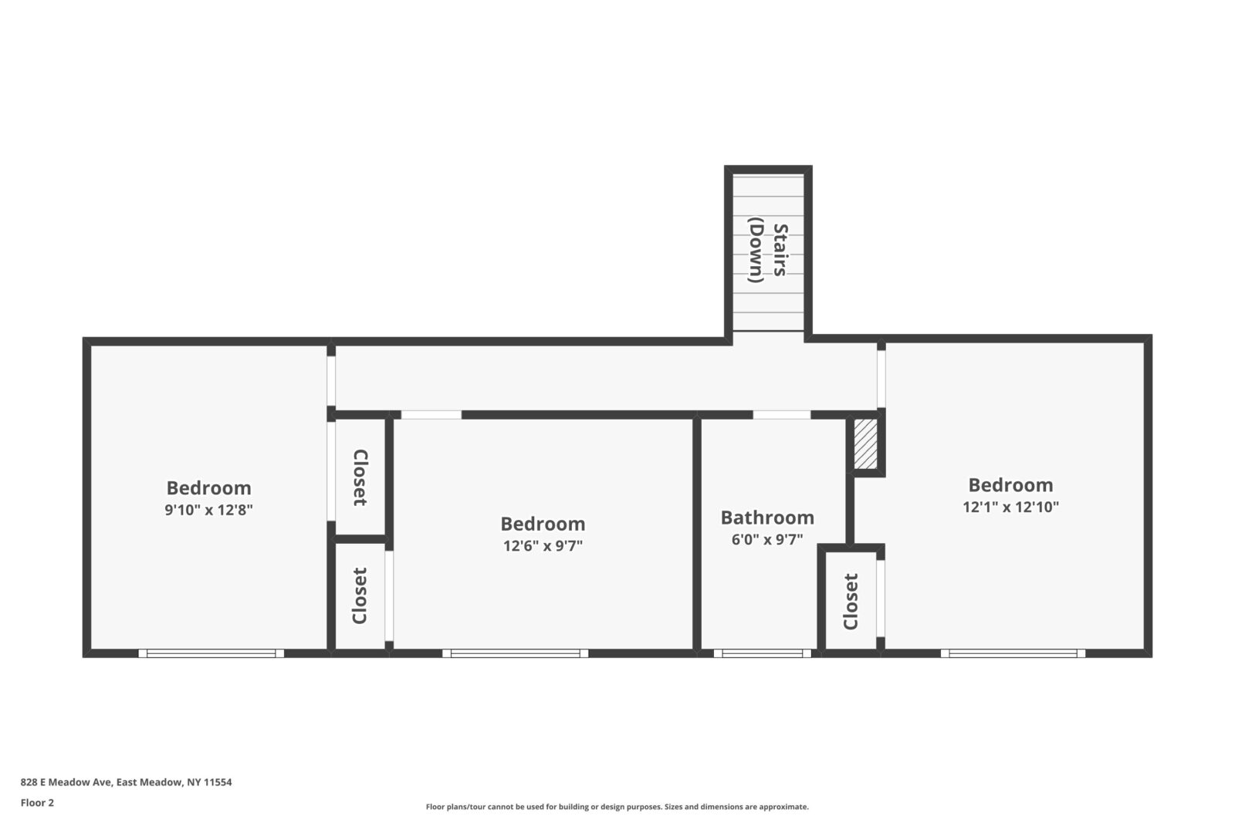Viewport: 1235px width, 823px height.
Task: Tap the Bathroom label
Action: pyautogui.click(x=766, y=518)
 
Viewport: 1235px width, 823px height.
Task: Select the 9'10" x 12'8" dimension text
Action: pyautogui.click(x=208, y=510)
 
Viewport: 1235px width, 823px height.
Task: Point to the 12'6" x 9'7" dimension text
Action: pyautogui.click(x=543, y=546)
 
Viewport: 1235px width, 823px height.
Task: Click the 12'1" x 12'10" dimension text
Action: pyautogui.click(x=1010, y=508)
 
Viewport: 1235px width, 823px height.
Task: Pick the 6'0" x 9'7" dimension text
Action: pyautogui.click(x=766, y=540)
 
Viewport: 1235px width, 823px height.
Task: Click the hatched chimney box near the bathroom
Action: pyautogui.click(x=865, y=444)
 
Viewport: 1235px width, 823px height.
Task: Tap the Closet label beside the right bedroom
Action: pyautogui.click(x=851, y=601)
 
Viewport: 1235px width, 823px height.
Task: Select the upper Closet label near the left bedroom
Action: pyautogui.click(x=360, y=477)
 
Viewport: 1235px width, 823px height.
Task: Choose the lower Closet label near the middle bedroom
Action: pyautogui.click(x=360, y=595)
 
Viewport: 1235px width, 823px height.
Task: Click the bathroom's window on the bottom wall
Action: pyautogui.click(x=762, y=653)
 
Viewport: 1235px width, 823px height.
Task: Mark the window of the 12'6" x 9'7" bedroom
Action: pyautogui.click(x=515, y=653)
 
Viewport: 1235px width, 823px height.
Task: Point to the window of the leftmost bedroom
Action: pyautogui.click(x=211, y=653)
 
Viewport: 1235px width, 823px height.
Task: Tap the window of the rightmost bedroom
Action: pyautogui.click(x=1012, y=653)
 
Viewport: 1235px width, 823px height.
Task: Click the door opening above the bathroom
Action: pyautogui.click(x=781, y=415)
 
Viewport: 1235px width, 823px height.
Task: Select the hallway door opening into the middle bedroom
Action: pyautogui.click(x=431, y=415)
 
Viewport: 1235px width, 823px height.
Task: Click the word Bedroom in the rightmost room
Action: pyautogui.click(x=1010, y=485)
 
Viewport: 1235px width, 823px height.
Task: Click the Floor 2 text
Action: pyautogui.click(x=37, y=803)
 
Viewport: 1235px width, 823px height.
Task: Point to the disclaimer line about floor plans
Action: pyautogui.click(x=617, y=807)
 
